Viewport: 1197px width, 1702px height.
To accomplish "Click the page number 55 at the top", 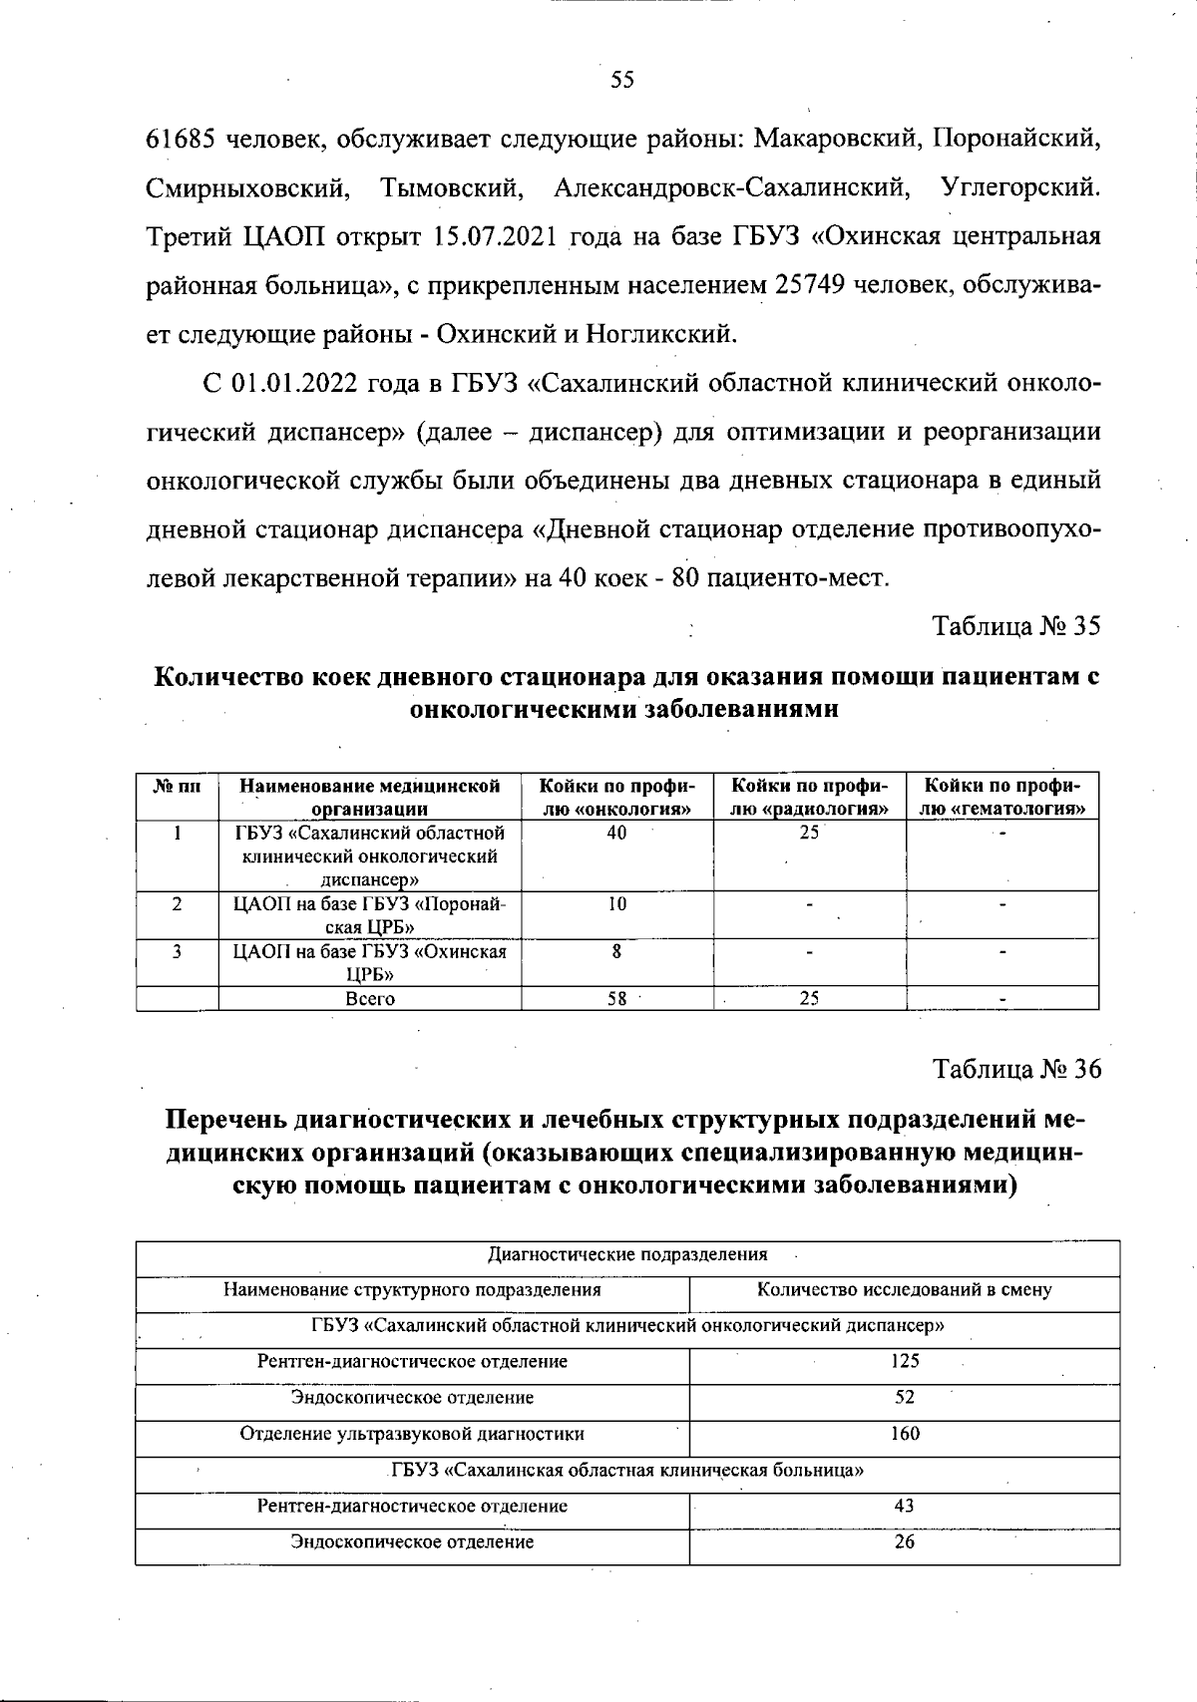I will [621, 81].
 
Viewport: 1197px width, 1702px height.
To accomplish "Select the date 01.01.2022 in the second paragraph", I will [296, 383].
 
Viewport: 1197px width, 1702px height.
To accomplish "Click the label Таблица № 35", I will [1015, 626].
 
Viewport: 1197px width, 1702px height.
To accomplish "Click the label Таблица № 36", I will [1015, 1069].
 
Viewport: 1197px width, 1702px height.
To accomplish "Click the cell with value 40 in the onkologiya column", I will [616, 833].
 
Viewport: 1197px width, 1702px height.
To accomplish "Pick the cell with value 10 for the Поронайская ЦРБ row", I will [616, 904].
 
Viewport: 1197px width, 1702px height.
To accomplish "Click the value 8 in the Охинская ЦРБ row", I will [616, 951].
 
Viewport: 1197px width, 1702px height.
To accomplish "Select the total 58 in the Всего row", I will [616, 998].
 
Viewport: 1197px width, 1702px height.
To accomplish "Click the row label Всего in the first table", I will [369, 998].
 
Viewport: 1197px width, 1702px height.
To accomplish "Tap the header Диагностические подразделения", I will [626, 1254].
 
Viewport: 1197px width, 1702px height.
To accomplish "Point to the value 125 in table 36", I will [904, 1361].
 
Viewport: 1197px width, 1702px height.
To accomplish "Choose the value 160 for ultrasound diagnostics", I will [904, 1434].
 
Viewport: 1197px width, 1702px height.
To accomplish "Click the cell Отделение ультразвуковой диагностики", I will [412, 1434].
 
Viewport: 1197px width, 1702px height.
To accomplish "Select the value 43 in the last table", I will [904, 1506].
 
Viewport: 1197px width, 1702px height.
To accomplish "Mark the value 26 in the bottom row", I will [904, 1541].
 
